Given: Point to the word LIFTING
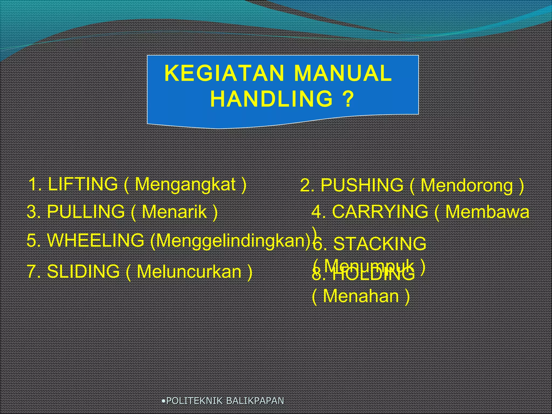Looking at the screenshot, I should pyautogui.click(x=83, y=184).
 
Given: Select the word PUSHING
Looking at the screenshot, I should pyautogui.click(x=362, y=186).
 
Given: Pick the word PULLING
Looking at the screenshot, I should pyautogui.click(x=86, y=212).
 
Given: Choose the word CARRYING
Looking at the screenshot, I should pyautogui.click(x=380, y=212).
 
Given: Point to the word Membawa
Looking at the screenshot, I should pyautogui.click(x=487, y=212).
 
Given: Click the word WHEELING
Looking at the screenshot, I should pyautogui.click(x=96, y=240).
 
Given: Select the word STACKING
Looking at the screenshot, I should pyautogui.click(x=380, y=244).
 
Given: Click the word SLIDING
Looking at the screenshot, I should pyautogui.click(x=83, y=271).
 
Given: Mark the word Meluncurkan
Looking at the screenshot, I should pyautogui.click(x=189, y=272).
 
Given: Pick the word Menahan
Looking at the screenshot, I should pyautogui.click(x=361, y=296).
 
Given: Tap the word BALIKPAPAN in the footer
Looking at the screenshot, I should pyautogui.click(x=255, y=401).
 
